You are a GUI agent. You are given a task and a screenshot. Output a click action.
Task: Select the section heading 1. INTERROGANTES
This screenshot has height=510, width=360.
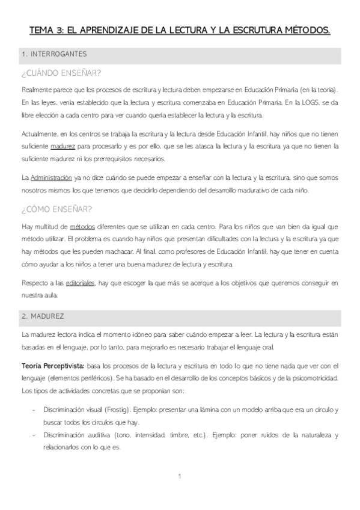(54, 54)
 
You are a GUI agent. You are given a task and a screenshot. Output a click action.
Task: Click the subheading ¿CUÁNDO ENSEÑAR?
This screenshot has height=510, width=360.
(60, 73)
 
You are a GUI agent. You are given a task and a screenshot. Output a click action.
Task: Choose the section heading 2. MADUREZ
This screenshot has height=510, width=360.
(43, 315)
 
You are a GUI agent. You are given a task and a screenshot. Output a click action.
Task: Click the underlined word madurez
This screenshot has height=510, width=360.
(64, 145)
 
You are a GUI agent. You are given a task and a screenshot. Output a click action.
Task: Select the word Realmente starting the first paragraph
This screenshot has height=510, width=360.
(35, 90)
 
